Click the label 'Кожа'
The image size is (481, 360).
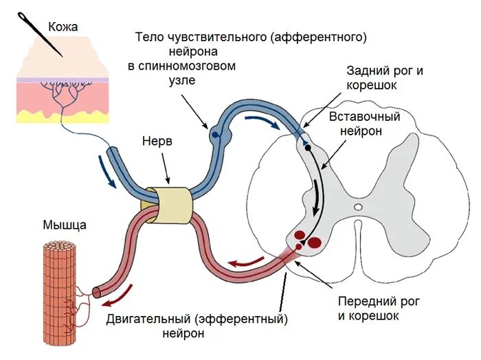click(63, 27)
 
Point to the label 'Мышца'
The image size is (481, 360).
click(65, 224)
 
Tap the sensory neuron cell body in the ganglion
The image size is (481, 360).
click(215, 135)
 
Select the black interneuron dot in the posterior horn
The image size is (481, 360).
click(308, 147)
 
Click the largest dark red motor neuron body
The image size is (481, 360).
click(315, 242)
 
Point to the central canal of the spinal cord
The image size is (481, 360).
click(357, 206)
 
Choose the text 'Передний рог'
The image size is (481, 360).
click(379, 302)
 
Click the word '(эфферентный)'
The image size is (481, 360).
click(240, 319)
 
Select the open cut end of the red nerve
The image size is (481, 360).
click(96, 292)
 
